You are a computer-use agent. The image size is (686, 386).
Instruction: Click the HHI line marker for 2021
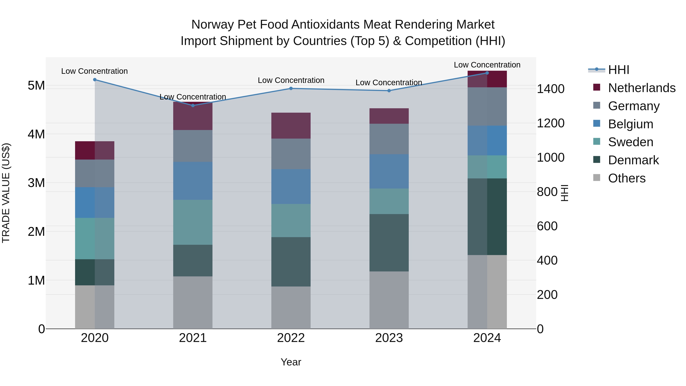[193, 105]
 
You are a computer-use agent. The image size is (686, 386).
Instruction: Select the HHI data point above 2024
[487, 73]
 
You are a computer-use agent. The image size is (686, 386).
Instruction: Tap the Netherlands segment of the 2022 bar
[291, 125]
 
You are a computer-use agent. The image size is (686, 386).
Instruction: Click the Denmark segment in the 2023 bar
[389, 243]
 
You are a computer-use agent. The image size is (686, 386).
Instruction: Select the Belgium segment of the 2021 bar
[193, 181]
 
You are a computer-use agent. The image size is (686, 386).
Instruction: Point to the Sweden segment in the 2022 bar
[291, 221]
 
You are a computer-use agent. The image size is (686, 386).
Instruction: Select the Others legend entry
[626, 178]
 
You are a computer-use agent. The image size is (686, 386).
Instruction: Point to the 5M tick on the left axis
[36, 86]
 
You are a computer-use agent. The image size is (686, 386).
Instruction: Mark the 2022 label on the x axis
[291, 338]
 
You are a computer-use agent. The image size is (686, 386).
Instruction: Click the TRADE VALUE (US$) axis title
[6, 193]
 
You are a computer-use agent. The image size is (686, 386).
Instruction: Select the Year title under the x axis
[291, 362]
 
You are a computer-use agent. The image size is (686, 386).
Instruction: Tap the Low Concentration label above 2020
[95, 71]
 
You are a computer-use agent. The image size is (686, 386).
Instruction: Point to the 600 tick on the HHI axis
[547, 226]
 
